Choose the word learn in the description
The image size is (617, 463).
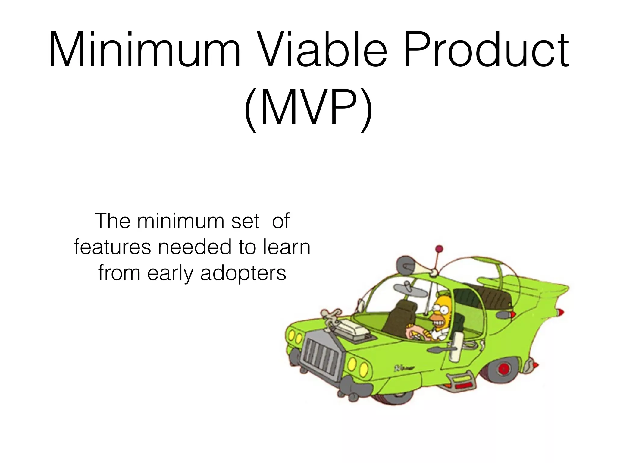pyautogui.click(x=287, y=247)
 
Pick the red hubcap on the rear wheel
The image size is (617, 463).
pyautogui.click(x=503, y=369)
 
